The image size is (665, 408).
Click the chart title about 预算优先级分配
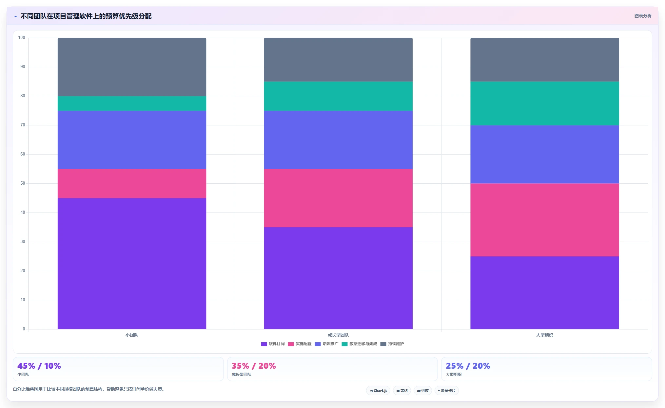86,16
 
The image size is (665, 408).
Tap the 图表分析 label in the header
643,16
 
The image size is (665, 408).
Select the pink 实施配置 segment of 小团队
132,183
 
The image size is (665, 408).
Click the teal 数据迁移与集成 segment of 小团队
132,103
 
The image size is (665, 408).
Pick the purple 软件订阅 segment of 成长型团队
338,278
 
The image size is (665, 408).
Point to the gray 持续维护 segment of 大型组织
545,60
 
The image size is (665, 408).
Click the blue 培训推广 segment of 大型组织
545,154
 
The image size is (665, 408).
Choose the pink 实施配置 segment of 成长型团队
338,198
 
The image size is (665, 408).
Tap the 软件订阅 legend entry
273,344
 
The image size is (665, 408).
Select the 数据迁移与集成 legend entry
359,344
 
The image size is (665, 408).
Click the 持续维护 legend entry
392,344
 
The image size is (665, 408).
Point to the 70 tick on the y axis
23,125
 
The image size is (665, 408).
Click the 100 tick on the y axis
22,38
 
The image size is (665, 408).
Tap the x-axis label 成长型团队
338,335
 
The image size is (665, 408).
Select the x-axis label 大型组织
545,335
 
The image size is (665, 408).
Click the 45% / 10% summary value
39,366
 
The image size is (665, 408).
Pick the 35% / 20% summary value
254,366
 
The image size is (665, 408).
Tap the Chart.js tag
378,391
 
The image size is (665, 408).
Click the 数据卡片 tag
446,391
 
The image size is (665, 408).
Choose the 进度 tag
423,391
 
